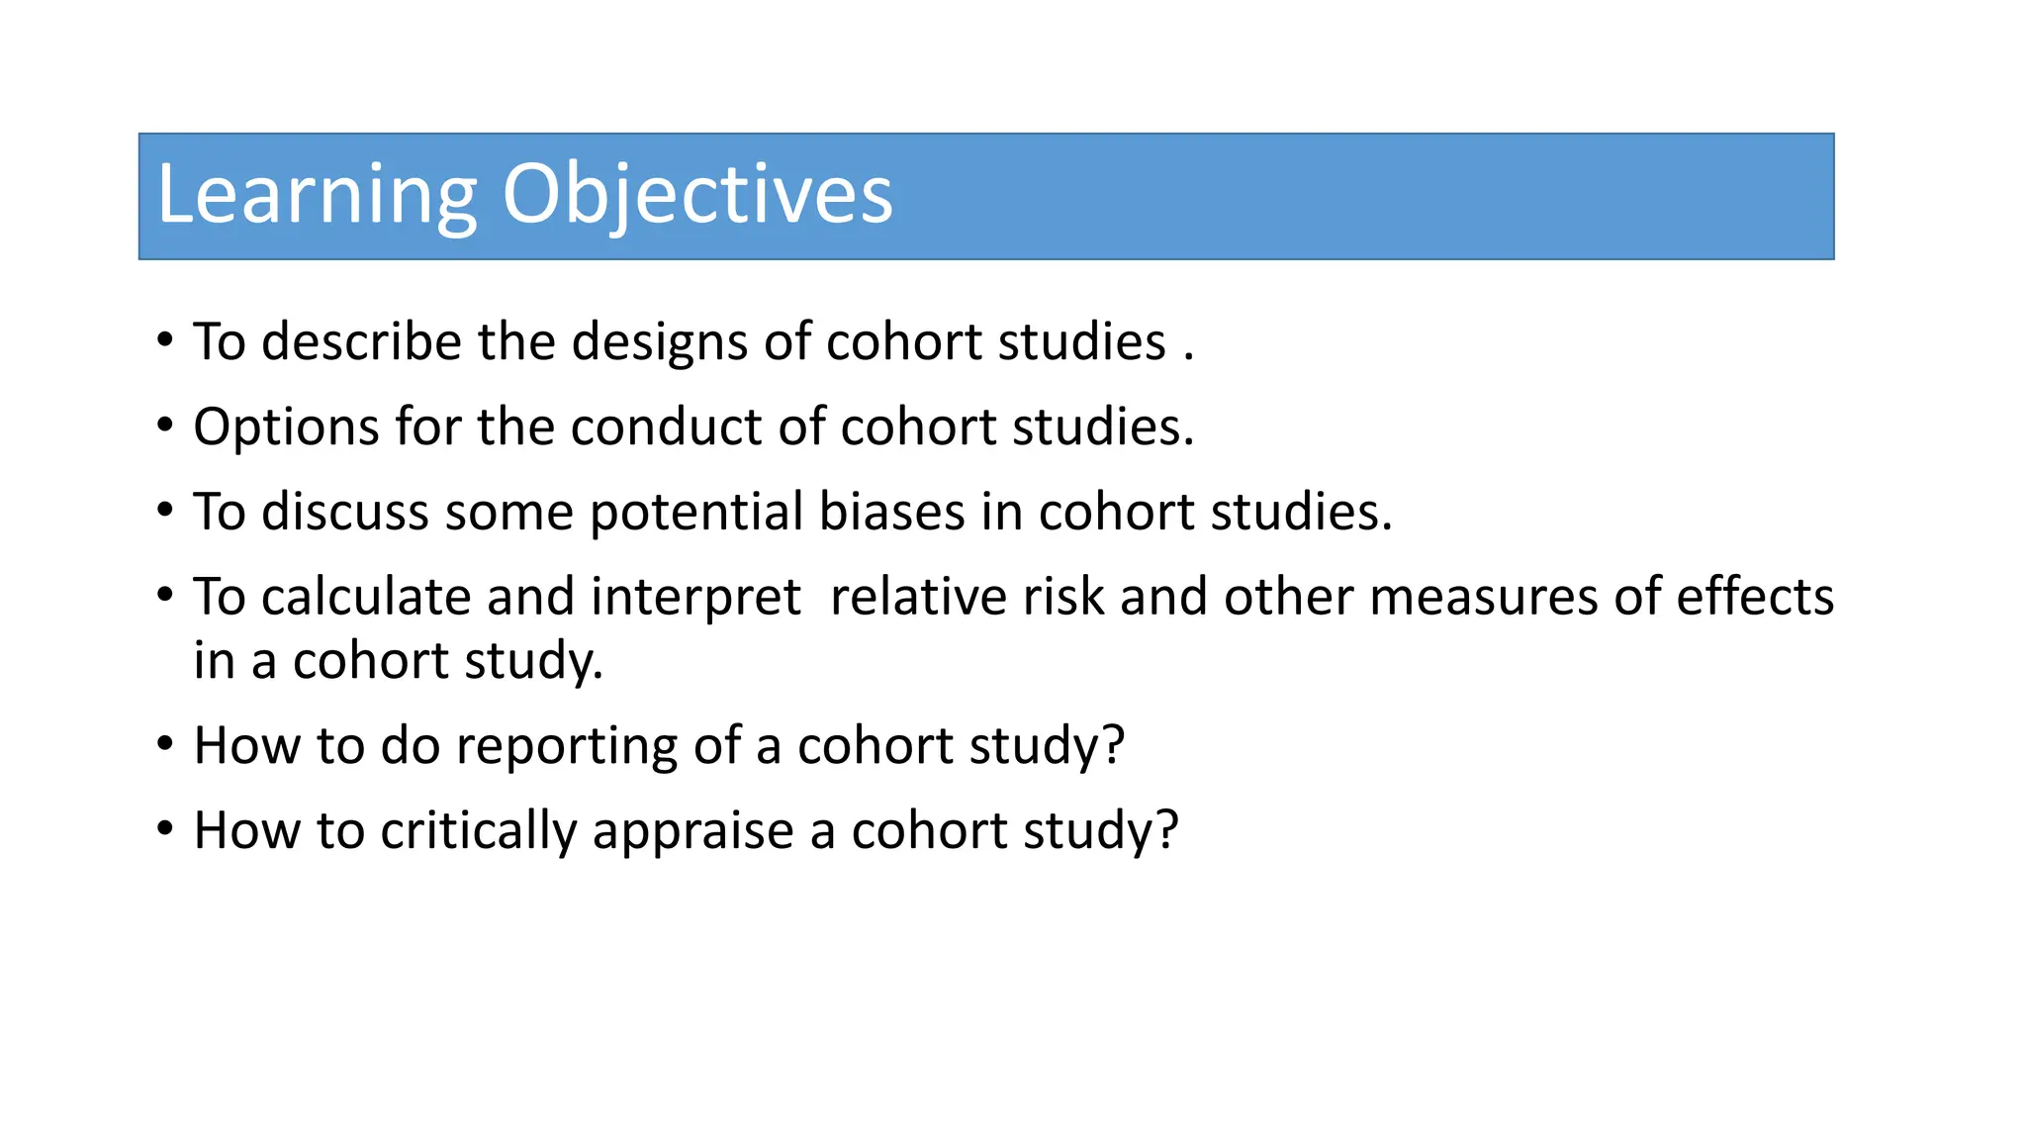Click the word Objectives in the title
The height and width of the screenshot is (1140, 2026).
[x=696, y=195]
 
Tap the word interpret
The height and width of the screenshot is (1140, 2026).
[x=695, y=598]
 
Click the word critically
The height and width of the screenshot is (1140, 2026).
[x=478, y=831]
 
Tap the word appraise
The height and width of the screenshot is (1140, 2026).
[x=692, y=831]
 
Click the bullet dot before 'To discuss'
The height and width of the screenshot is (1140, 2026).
[x=165, y=511]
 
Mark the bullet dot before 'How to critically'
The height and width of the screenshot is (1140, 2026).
[x=165, y=829]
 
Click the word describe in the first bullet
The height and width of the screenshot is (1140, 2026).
[x=361, y=342]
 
